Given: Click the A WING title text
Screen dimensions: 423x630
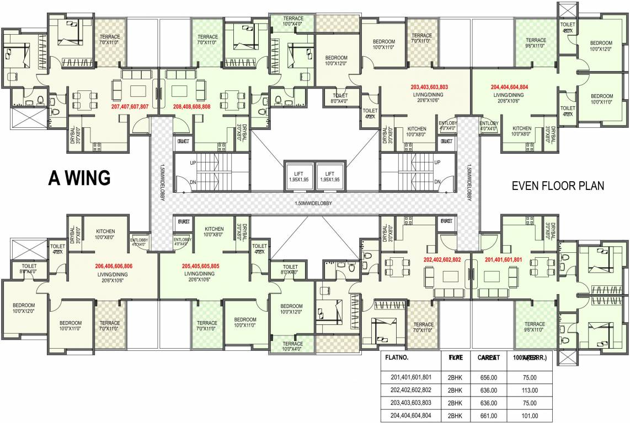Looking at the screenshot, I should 79,178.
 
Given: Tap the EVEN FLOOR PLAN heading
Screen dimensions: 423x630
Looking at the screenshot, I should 558,186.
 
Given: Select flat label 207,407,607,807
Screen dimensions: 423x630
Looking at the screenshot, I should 135,106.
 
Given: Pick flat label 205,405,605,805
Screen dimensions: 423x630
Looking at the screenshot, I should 201,266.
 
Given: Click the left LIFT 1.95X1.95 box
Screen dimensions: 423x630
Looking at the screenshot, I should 298,176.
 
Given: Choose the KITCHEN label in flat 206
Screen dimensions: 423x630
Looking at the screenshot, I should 105,231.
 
